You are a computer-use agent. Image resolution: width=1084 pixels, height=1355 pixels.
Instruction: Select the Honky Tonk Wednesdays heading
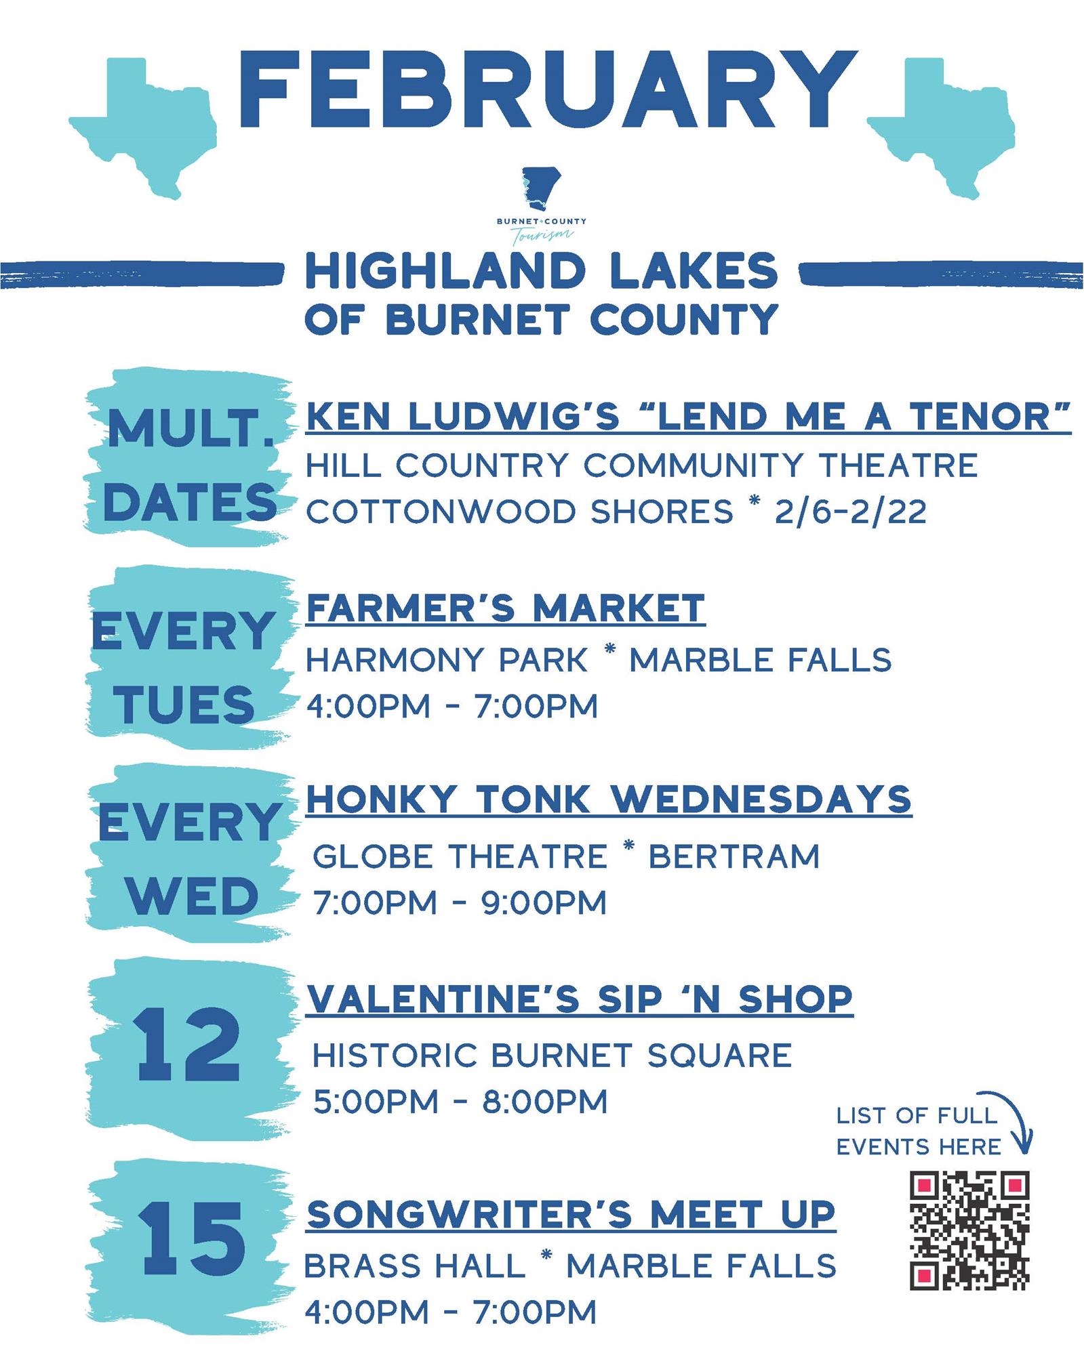[609, 799]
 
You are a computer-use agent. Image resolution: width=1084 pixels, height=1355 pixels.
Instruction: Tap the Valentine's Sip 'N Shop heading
[580, 999]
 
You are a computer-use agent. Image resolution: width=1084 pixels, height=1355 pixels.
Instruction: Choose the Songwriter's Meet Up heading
[571, 1214]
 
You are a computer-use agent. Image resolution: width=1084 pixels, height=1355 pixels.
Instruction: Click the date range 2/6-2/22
[850, 512]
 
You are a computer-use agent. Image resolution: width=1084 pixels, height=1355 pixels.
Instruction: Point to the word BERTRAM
[734, 857]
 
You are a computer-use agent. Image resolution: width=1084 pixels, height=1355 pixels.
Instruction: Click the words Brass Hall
[415, 1266]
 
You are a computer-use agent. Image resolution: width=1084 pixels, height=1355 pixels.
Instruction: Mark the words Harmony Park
[447, 660]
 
